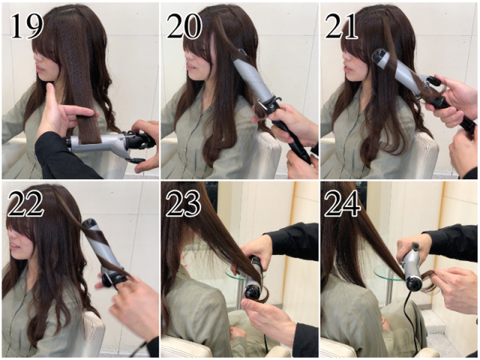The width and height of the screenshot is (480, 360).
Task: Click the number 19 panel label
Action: click(27, 26)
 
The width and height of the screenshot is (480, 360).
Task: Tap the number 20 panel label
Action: click(184, 26)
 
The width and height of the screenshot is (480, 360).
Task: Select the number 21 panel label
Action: click(341, 26)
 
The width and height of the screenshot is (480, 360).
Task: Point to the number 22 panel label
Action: click(26, 203)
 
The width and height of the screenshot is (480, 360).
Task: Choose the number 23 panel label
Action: click(183, 203)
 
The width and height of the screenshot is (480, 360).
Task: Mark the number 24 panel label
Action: click(342, 203)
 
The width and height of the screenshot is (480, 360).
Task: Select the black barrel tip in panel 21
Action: click(377, 58)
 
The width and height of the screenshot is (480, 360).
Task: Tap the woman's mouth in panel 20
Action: click(190, 66)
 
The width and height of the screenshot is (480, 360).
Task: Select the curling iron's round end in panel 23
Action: click(253, 291)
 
